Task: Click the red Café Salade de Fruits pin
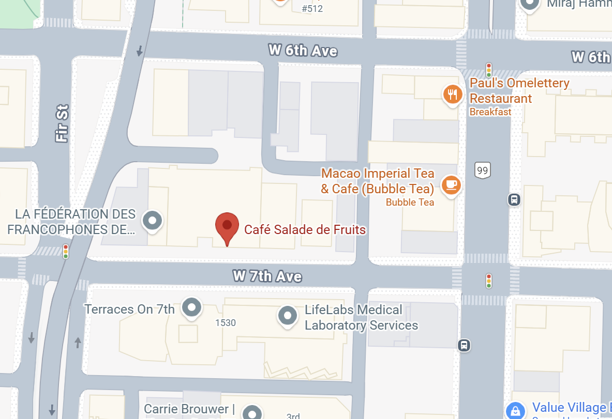point(227,226)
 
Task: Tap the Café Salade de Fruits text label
point(305,229)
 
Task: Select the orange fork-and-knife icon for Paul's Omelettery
point(453,94)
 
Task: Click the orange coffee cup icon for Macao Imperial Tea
point(451,184)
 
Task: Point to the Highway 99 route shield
point(482,170)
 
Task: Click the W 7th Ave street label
point(267,276)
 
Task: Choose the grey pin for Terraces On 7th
point(192,307)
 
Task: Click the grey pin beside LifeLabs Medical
point(287,315)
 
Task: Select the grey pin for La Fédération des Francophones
point(153,221)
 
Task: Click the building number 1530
point(226,323)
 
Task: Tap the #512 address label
point(312,8)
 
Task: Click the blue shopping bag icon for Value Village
point(515,411)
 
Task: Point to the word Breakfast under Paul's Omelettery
point(490,112)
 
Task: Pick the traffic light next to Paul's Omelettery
point(488,70)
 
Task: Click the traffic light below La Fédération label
point(66,252)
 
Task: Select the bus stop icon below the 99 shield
point(514,199)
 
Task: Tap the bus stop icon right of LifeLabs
point(464,345)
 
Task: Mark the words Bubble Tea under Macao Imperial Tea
point(410,202)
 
